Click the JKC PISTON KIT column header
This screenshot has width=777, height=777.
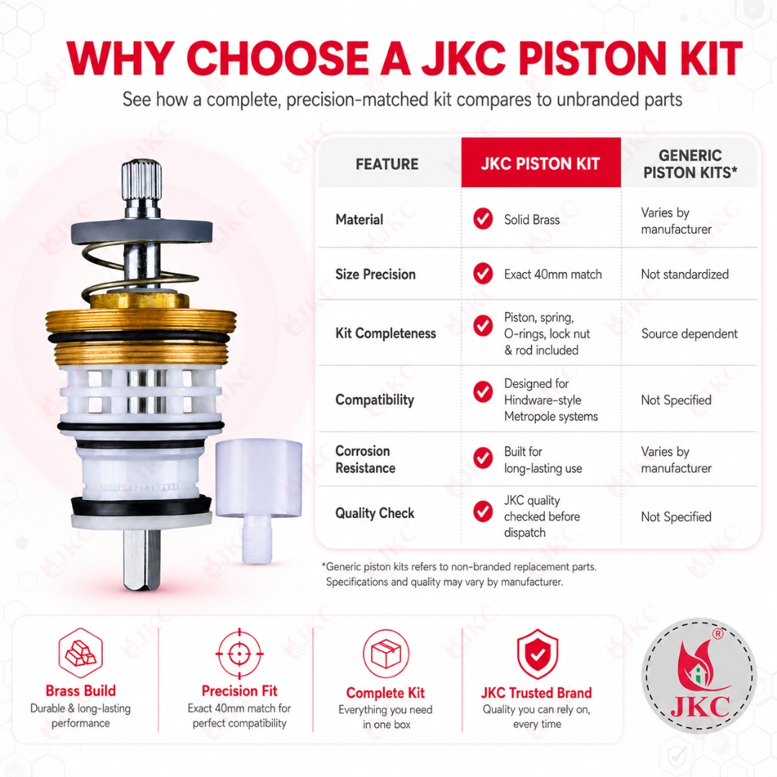click(540, 163)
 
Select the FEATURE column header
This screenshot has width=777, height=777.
click(387, 164)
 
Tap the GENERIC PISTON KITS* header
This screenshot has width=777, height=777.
click(690, 164)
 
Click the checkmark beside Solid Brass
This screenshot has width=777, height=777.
click(483, 219)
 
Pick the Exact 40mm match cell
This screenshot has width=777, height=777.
click(553, 274)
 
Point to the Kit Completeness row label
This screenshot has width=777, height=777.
click(386, 333)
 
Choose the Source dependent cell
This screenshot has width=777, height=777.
click(689, 334)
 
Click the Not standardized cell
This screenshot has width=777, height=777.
click(685, 274)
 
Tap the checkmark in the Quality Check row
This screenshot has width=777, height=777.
click(483, 512)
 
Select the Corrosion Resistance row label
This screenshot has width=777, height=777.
click(365, 459)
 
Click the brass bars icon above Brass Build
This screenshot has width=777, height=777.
click(81, 653)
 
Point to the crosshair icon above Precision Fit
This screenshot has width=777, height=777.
click(240, 654)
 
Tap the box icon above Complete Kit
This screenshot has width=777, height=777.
click(386, 654)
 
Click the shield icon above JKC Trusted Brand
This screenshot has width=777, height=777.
click(537, 654)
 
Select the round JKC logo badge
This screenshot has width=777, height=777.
click(699, 676)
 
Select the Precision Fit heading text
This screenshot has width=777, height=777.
click(240, 691)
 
